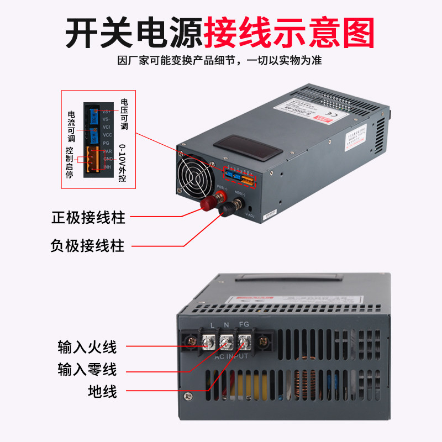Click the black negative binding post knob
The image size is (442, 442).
click(226, 209)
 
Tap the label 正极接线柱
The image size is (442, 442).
click(88, 217)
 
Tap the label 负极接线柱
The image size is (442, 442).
click(88, 245)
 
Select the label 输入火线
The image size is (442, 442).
click(87, 347)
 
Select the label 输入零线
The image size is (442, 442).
click(87, 369)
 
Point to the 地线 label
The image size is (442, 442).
click(102, 392)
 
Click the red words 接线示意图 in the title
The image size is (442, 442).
click(290, 31)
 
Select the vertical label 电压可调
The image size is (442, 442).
click(124, 114)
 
